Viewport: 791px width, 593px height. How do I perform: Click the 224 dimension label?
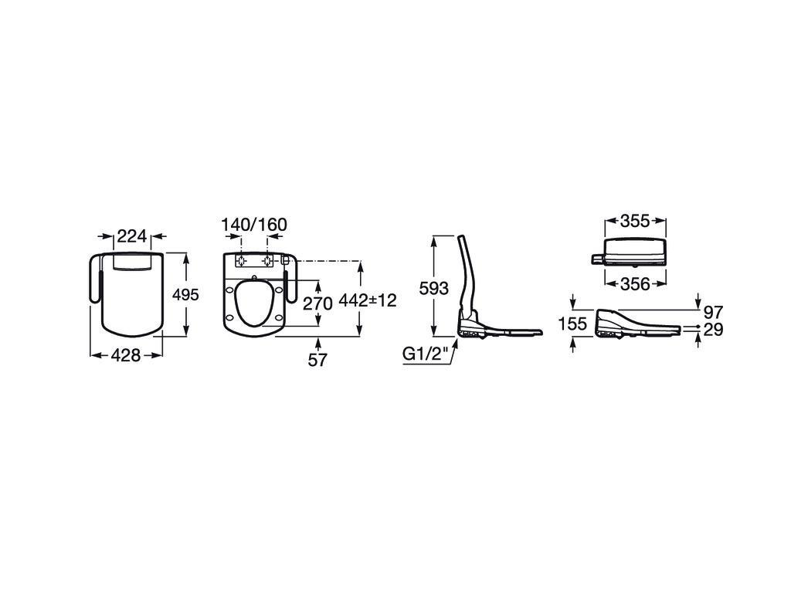pos(131,236)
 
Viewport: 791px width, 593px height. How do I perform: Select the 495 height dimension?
pos(185,294)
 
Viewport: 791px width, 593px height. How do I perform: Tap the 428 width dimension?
pos(126,355)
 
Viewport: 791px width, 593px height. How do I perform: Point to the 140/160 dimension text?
pos(254,225)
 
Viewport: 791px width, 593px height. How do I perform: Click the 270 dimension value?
pos(317,303)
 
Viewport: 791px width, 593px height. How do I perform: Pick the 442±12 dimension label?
pos(368,300)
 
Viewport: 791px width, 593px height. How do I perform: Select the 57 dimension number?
pos(317,360)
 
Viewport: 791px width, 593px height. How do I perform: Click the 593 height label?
pos(434,289)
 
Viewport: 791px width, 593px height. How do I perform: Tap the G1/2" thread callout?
pos(426,355)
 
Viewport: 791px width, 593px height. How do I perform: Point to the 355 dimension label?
pos(635,221)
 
